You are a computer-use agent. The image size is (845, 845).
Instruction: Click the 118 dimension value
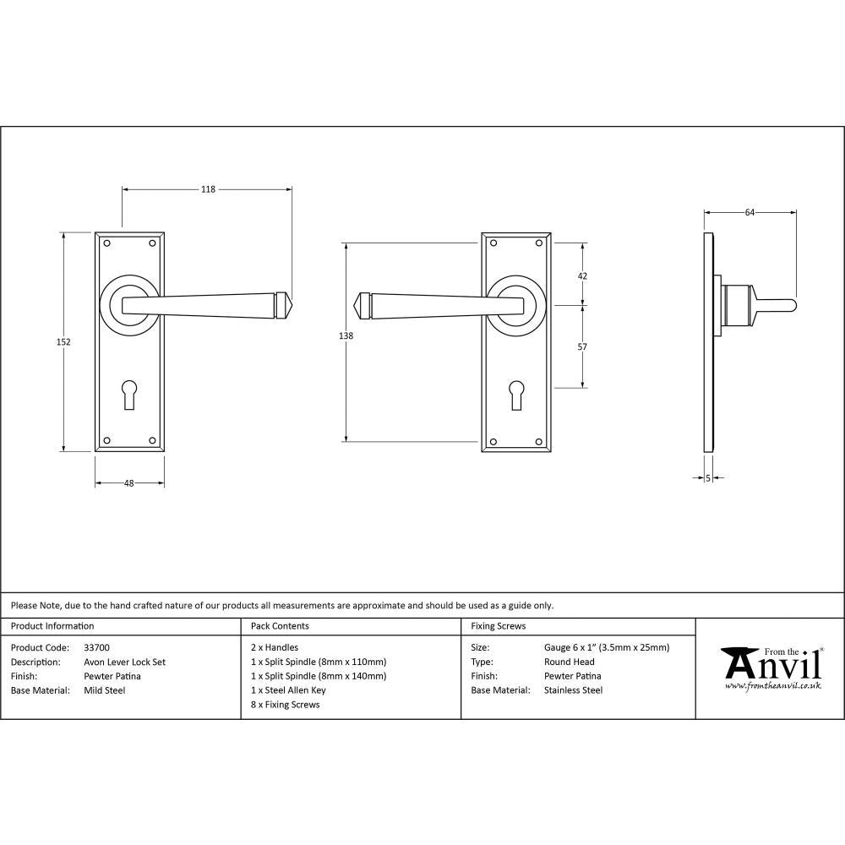[208, 189]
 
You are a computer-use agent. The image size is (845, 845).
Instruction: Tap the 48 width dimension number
[129, 484]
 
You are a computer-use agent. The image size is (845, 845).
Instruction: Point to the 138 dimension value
[346, 336]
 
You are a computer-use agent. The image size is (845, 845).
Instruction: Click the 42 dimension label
[581, 276]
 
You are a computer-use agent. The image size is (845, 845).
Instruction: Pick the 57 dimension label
[581, 347]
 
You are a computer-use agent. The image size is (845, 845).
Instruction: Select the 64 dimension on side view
[750, 213]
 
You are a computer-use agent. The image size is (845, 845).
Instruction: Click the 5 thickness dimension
[708, 478]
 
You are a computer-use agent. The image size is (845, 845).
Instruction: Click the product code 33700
[97, 648]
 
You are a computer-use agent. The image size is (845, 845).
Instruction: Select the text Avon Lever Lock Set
[125, 662]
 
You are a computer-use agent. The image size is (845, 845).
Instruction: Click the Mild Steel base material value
[105, 690]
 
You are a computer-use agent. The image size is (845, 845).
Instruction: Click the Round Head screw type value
[570, 662]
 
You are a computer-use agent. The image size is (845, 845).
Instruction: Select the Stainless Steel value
[574, 690]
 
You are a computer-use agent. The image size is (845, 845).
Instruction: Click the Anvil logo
[771, 668]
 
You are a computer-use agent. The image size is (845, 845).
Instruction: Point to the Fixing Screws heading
[499, 626]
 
